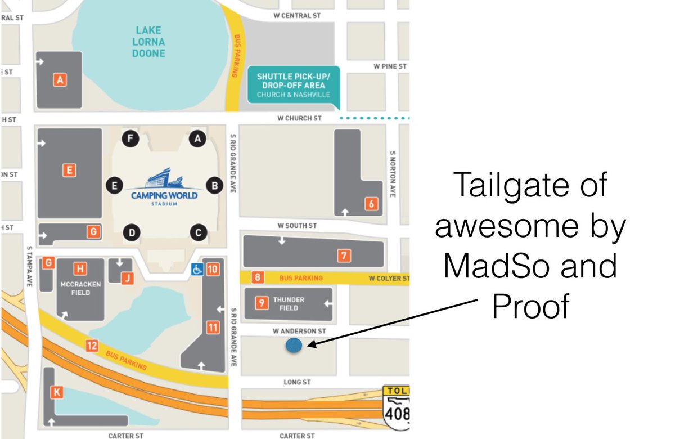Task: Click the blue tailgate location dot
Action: pos(294,346)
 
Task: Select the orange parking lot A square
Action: pos(60,80)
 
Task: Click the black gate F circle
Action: pos(131,138)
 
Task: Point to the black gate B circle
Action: pos(214,185)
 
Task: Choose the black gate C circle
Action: pos(197,231)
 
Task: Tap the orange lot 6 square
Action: pos(371,204)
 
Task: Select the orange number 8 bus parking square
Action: pos(257,277)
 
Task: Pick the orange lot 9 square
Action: pos(262,303)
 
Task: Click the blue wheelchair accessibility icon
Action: pos(197,269)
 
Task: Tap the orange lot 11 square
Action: pos(213,327)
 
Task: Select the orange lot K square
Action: pos(56,392)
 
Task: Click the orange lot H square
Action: pos(81,268)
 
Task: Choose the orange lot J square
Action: pos(128,277)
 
